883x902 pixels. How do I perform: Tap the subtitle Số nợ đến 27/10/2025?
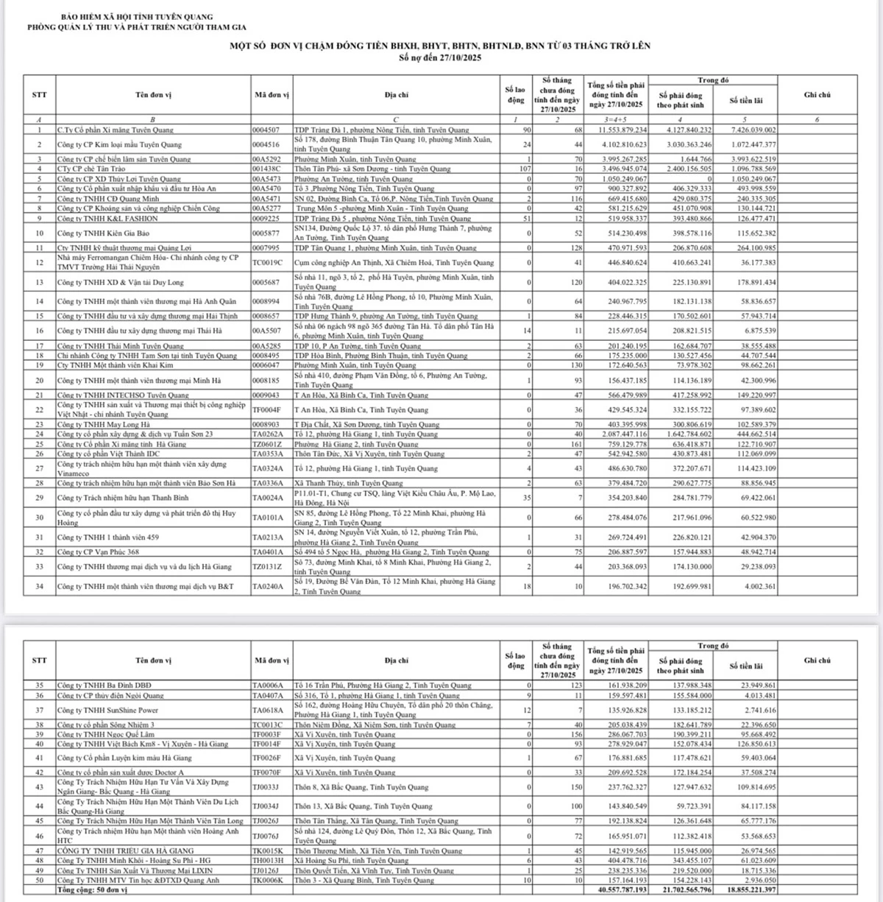440,57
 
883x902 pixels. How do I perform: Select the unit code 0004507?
266,130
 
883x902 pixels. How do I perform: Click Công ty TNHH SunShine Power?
107,711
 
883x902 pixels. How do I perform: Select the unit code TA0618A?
268,711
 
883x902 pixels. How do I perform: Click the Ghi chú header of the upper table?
817,95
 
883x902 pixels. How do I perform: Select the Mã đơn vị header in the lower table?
271,660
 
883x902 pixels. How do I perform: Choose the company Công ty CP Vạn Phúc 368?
98,552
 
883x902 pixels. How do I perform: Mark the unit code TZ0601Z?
268,445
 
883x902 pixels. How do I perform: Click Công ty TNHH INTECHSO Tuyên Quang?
118,395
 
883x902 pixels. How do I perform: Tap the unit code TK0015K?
268,850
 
